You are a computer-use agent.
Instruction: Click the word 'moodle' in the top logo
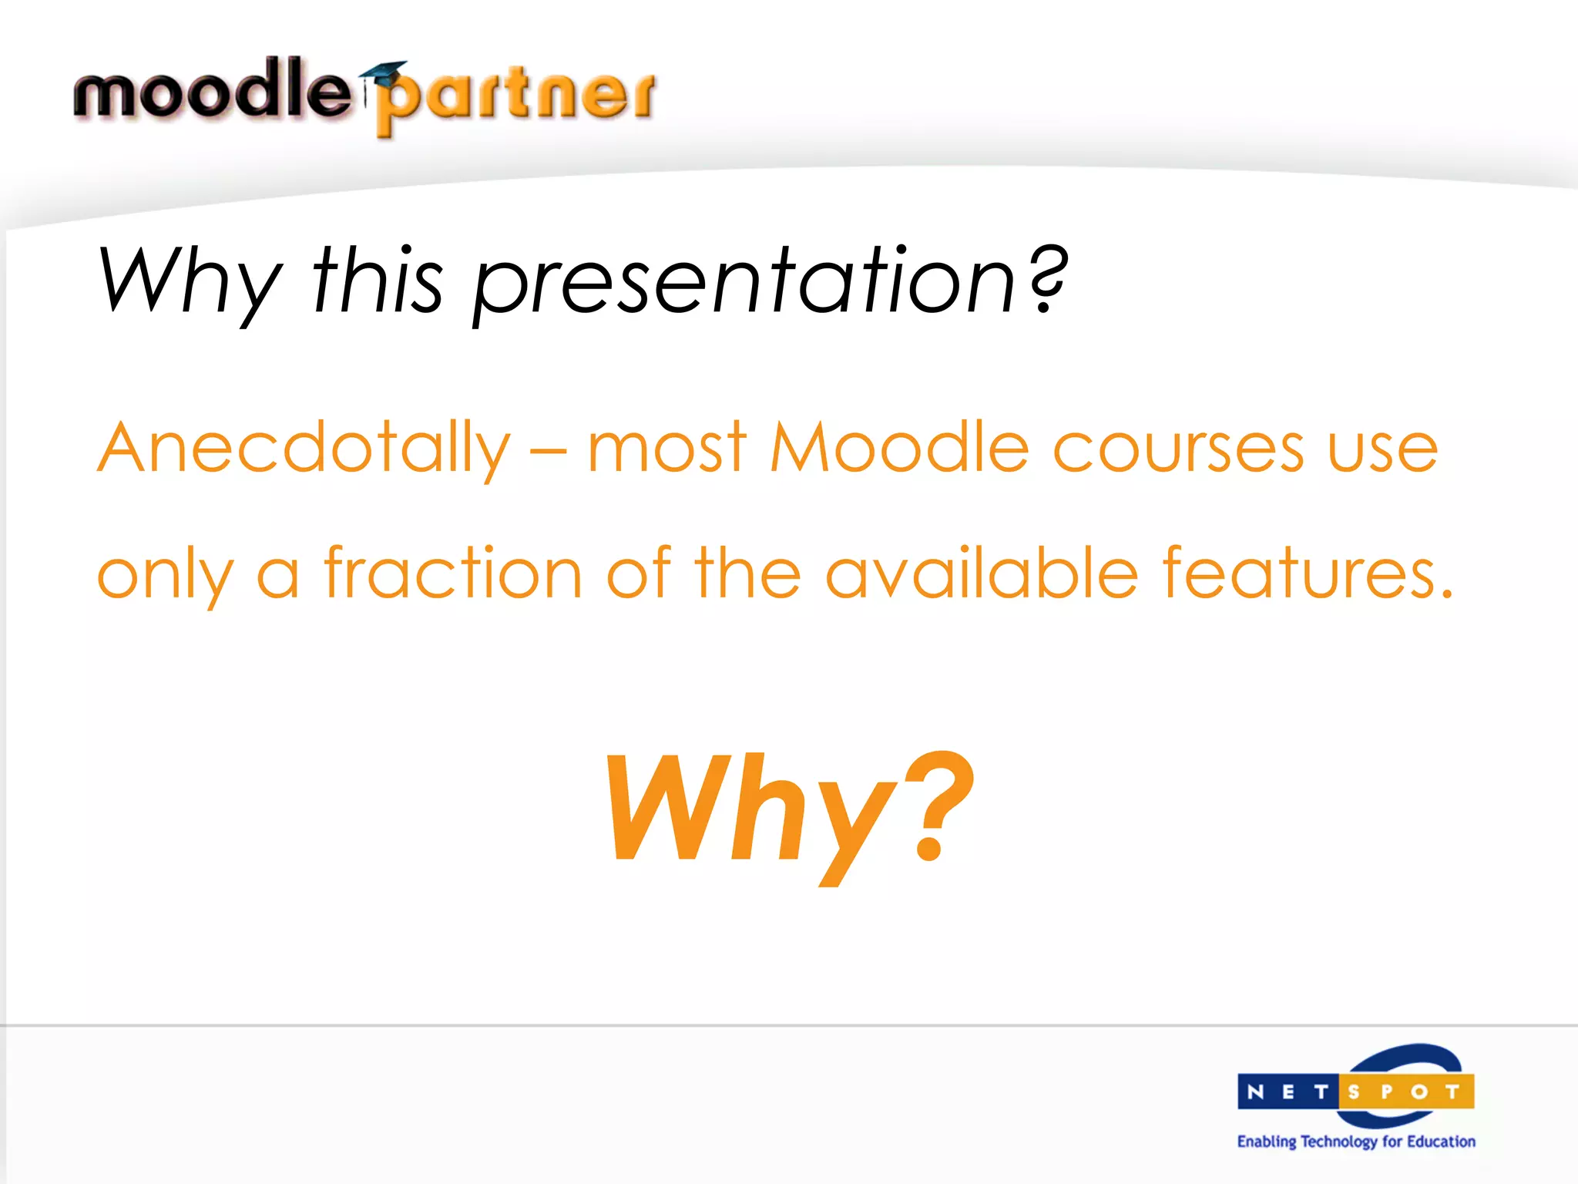click(212, 90)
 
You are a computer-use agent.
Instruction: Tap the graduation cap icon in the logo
click(383, 74)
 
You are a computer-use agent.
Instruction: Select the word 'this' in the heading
click(377, 281)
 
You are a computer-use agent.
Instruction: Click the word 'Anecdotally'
click(304, 448)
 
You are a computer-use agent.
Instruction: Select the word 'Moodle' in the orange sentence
click(900, 448)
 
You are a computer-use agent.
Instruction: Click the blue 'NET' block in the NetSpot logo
click(1288, 1092)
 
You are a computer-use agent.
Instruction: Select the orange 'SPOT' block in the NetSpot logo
click(1405, 1092)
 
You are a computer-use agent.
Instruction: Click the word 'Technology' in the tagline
click(1338, 1142)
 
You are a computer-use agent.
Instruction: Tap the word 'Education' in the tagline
click(1440, 1142)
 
